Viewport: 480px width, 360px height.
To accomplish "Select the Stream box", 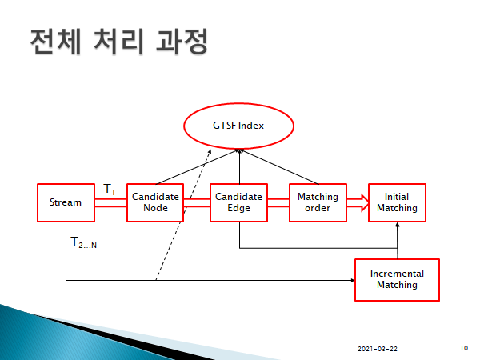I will [x=66, y=202].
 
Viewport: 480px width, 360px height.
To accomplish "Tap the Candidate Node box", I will [x=155, y=202].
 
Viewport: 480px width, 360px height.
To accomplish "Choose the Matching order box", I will [x=318, y=202].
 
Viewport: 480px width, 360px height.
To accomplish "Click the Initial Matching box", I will [x=397, y=202].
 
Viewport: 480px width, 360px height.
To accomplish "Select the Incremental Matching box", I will [x=397, y=279].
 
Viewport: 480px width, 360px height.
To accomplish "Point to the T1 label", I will [x=110, y=190].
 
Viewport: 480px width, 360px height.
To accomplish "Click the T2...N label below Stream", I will [x=83, y=242].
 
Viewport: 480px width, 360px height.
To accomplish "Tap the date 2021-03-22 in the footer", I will [x=377, y=349].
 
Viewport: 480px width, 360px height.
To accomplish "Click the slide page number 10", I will [x=465, y=348].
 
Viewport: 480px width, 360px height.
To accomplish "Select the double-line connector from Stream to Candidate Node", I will [x=110, y=202].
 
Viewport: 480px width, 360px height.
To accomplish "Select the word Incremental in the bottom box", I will [x=397, y=274].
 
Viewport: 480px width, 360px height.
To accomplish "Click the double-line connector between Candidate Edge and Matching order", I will [x=277, y=202].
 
